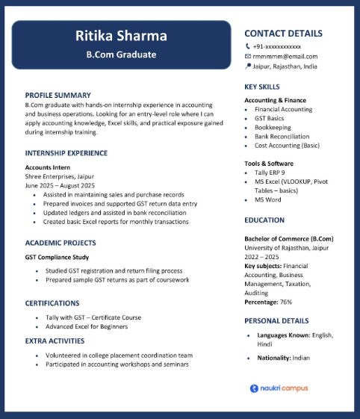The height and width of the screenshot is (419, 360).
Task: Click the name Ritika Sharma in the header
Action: tap(121, 37)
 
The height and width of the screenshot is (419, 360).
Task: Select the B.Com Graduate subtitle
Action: tap(121, 55)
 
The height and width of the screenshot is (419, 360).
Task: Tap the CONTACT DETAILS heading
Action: tap(283, 34)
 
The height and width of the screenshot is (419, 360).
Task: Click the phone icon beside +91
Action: tap(248, 46)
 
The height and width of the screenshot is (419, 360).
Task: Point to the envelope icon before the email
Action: tap(248, 56)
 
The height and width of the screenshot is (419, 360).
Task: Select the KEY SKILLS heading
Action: tap(262, 87)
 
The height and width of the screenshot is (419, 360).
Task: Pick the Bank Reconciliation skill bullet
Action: tap(282, 137)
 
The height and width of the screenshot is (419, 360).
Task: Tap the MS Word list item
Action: tap(267, 199)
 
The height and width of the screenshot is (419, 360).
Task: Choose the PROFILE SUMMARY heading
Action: tap(58, 96)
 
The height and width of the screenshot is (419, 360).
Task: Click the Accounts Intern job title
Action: tap(48, 167)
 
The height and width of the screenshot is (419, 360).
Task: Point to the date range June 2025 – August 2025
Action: tap(60, 185)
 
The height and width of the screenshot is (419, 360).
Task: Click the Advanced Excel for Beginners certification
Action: tap(86, 326)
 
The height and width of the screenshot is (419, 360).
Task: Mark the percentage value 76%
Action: tap(285, 302)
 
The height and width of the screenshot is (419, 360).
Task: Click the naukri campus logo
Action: tap(279, 388)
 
